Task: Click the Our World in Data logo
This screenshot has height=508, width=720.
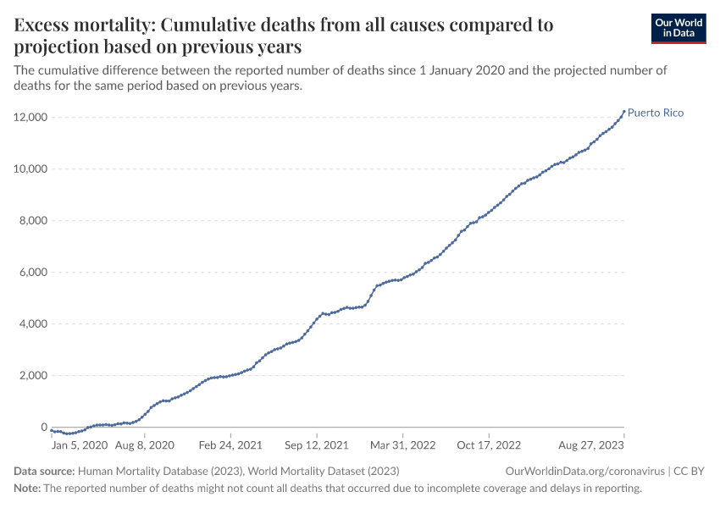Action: coord(678,28)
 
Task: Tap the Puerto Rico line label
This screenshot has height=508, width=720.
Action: coord(655,113)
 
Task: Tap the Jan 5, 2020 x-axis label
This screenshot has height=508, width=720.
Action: coord(80,444)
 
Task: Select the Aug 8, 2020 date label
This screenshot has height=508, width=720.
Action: coord(144,444)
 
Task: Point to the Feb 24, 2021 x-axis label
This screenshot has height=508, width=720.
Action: coord(230,444)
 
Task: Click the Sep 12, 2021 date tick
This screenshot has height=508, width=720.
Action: coord(316,444)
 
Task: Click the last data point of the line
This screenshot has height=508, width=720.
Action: coord(624,112)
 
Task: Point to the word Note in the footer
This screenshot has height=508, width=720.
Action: coord(26,489)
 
